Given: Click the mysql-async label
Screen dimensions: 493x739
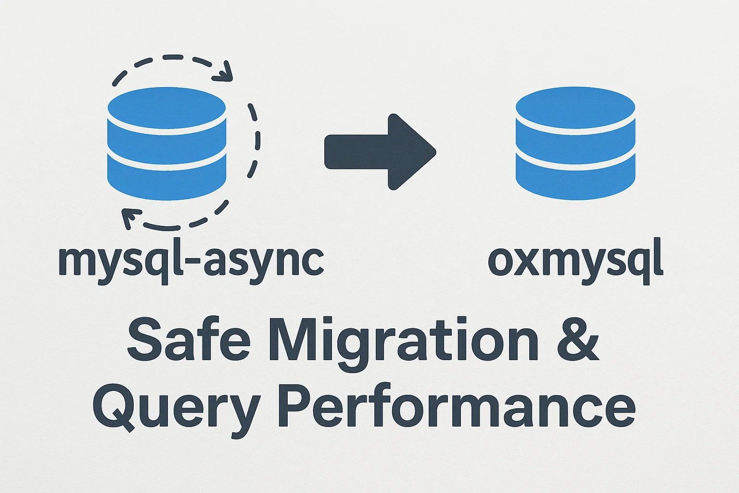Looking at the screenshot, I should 191,262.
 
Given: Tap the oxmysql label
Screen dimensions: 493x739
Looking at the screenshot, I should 575,262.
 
